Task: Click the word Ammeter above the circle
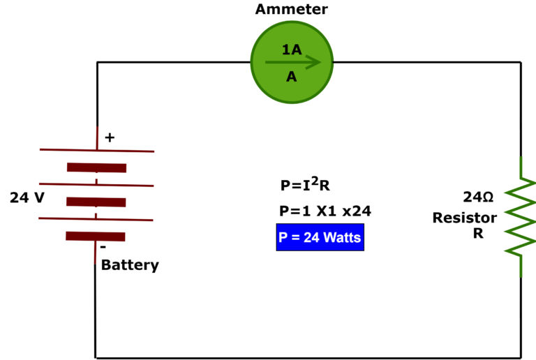coord(291,10)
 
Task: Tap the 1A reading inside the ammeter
coord(292,50)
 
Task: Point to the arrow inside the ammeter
coord(293,63)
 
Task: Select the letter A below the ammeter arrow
coord(292,77)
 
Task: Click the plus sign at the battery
coord(109,138)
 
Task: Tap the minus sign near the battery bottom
coord(103,247)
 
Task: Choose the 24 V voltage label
coord(27,197)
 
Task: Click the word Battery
coord(130,265)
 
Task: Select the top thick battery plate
coord(96,167)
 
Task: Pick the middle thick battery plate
coord(96,202)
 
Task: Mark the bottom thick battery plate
coord(95,236)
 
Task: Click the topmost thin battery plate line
coord(96,150)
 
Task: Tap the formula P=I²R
coord(304,185)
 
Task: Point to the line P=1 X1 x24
coord(325,211)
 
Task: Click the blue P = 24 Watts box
coord(320,237)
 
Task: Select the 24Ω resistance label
coord(478,197)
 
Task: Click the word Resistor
coord(464,218)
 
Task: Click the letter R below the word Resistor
coord(478,234)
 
